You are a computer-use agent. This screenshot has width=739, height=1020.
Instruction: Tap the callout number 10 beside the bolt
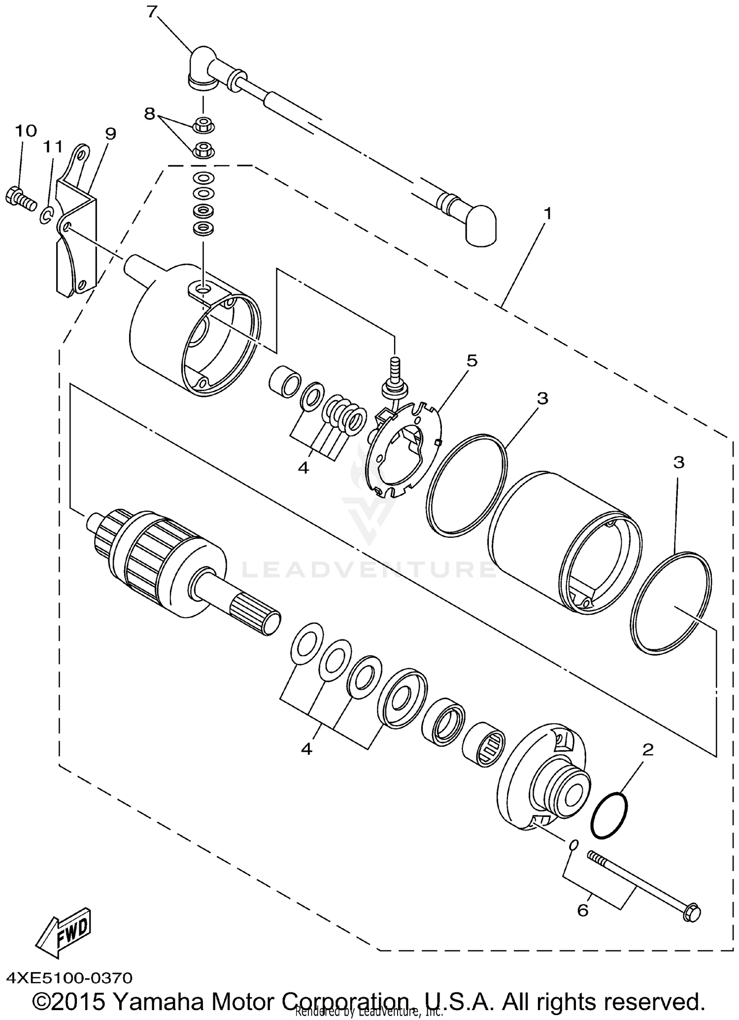[26, 131]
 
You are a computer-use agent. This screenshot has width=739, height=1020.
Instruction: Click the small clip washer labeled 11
[46, 215]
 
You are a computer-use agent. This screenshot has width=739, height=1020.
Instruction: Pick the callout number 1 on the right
[547, 213]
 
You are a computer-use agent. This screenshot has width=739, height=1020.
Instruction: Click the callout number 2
[647, 750]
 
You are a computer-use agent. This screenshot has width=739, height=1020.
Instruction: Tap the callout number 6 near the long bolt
[582, 911]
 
